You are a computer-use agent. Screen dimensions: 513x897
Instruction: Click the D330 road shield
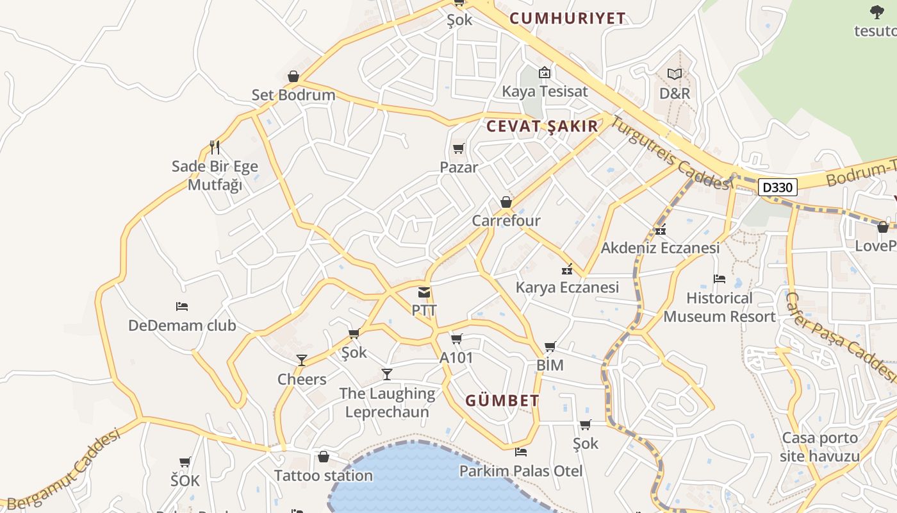(778, 187)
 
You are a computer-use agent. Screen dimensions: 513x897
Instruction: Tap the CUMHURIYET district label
(567, 19)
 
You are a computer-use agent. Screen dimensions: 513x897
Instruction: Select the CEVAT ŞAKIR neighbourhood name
(542, 126)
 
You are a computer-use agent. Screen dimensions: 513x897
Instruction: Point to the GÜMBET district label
(502, 401)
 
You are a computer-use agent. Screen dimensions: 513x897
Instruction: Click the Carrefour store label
(506, 221)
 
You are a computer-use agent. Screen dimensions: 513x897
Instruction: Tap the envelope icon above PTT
(424, 293)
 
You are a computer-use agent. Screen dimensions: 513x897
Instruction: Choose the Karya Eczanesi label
(567, 287)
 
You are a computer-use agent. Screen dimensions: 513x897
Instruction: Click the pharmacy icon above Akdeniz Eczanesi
(661, 230)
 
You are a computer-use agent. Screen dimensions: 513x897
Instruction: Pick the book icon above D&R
(675, 74)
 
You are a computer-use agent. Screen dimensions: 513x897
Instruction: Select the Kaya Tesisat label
(545, 91)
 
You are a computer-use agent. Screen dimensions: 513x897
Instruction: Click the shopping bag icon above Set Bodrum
(293, 77)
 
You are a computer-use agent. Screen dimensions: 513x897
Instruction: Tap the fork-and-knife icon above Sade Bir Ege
(215, 147)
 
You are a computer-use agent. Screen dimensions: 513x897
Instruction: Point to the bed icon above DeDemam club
(182, 307)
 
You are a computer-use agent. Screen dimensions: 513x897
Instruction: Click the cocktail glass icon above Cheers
(302, 360)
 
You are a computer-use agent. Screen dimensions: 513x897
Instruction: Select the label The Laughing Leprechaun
(387, 402)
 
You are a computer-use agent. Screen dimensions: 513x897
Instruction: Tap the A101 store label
(456, 358)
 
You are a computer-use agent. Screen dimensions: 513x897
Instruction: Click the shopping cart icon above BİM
(550, 347)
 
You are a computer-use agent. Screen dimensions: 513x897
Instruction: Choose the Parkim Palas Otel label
(521, 471)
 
